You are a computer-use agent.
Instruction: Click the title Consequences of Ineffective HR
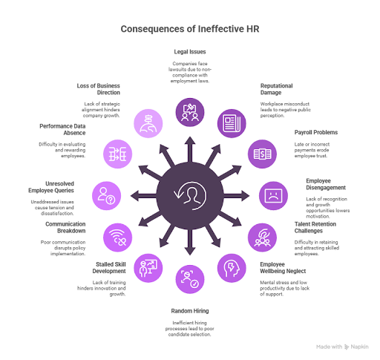tap(189, 30)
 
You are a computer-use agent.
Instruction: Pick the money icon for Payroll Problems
tap(261, 153)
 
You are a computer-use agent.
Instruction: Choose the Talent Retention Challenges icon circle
tap(261, 237)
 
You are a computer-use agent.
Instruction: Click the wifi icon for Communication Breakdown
tap(118, 237)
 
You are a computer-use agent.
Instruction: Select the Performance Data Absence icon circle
tap(118, 154)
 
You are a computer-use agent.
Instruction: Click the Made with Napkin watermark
tap(342, 346)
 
